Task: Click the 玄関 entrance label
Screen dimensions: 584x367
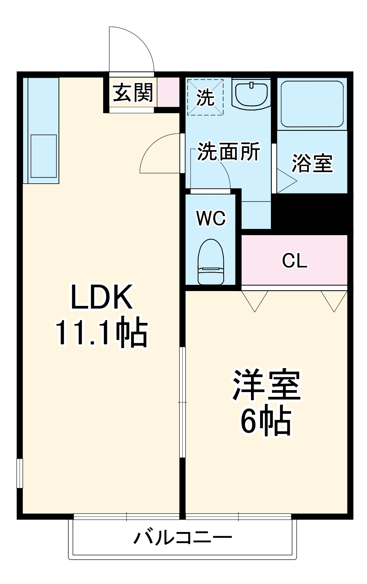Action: coord(133,93)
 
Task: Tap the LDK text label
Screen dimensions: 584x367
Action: coord(102,297)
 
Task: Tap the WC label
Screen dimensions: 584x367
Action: coord(211,218)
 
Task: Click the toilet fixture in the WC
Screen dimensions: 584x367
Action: coord(211,262)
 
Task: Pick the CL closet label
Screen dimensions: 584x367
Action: coord(295,260)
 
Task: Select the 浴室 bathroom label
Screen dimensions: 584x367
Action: coord(312,163)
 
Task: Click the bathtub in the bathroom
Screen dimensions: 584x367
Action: coord(312,104)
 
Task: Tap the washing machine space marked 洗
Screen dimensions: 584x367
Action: coord(205,97)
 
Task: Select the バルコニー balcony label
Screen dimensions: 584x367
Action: coord(183,538)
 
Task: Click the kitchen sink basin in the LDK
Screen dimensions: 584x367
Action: coord(44,156)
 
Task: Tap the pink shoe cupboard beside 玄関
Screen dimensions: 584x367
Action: coord(168,92)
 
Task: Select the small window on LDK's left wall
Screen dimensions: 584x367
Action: coord(20,473)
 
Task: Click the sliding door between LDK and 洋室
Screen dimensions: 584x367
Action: coord(182,402)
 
